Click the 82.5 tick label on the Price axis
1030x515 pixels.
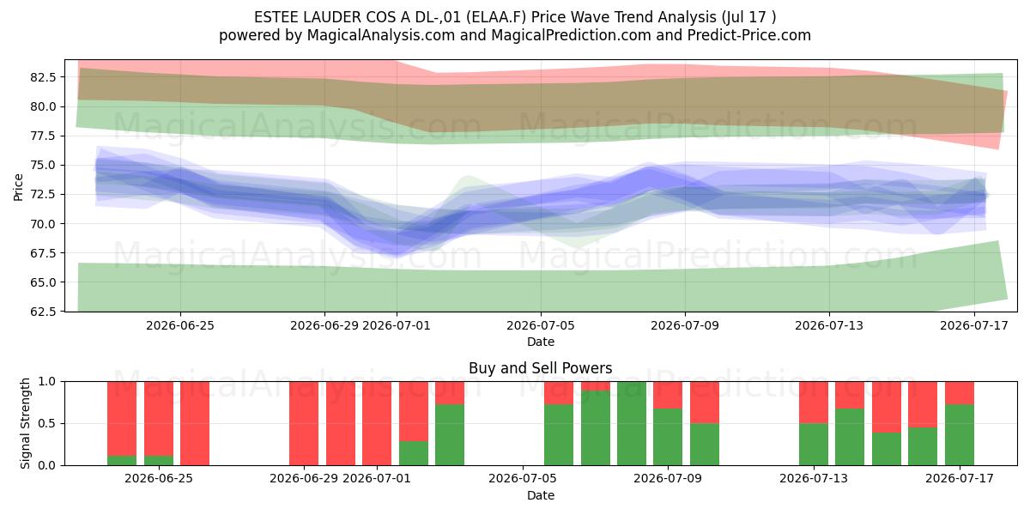point(43,77)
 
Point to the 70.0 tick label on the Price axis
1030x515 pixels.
point(43,224)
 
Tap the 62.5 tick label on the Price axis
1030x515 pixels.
point(43,312)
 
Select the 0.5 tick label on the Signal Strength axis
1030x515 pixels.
point(46,423)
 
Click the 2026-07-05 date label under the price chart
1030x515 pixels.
point(540,325)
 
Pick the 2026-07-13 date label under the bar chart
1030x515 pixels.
point(814,478)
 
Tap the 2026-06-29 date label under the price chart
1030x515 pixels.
point(324,325)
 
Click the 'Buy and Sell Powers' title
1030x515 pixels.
point(540,368)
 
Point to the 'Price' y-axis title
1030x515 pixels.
point(18,187)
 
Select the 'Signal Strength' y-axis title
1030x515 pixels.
point(25,423)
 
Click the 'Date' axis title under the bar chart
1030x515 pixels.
point(540,495)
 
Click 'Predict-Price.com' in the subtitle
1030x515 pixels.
point(749,35)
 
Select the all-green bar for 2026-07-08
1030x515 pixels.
point(632,423)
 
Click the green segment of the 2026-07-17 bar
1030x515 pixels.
point(960,435)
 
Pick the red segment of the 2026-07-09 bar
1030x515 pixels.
point(668,395)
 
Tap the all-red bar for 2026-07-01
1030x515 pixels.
point(377,423)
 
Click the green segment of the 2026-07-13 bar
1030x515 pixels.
point(814,445)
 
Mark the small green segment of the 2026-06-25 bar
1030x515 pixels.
point(159,460)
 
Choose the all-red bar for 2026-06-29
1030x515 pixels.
point(304,423)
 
